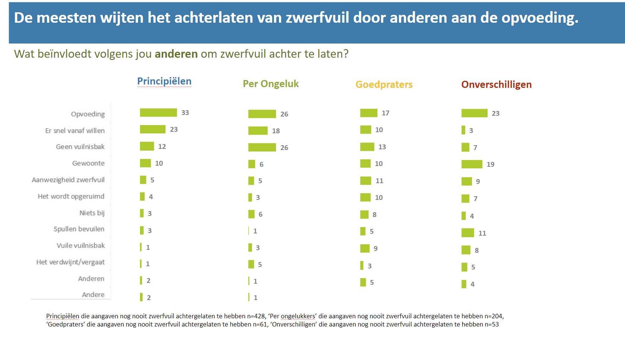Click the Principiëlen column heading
pyautogui.click(x=164, y=81)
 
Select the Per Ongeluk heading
pyautogui.click(x=270, y=84)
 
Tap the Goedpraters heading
pyautogui.click(x=384, y=85)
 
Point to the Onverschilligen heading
pyautogui.click(x=496, y=85)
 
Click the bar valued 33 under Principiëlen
pyautogui.click(x=158, y=112)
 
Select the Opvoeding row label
pyautogui.click(x=88, y=114)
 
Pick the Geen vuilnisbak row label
pyautogui.click(x=80, y=147)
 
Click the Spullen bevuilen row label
pyautogui.click(x=79, y=229)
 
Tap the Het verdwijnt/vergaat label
pyautogui.click(x=70, y=262)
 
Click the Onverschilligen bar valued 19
pyautogui.click(x=472, y=164)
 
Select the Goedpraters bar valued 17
pyautogui.click(x=369, y=113)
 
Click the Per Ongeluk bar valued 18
pyautogui.click(x=258, y=131)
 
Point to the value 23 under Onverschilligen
pyautogui.click(x=495, y=113)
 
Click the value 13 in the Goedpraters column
pyautogui.click(x=382, y=147)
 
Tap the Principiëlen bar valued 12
pyautogui.click(x=147, y=146)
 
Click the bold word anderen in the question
pyautogui.click(x=176, y=54)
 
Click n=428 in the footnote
pyautogui.click(x=256, y=316)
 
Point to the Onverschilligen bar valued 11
pyautogui.click(x=467, y=233)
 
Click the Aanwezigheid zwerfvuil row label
pyautogui.click(x=68, y=180)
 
